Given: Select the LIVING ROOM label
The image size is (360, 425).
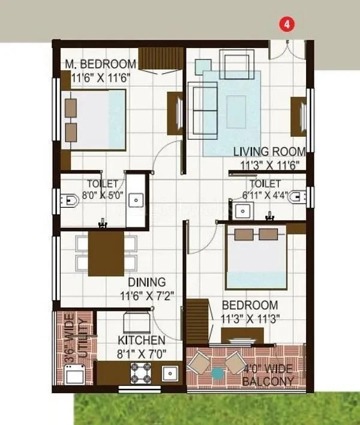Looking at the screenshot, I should click(269, 152).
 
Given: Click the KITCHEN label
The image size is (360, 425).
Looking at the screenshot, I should click(141, 340).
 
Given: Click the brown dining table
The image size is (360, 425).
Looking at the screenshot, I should click(106, 253).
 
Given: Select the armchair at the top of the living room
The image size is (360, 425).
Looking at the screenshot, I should click(236, 63).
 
